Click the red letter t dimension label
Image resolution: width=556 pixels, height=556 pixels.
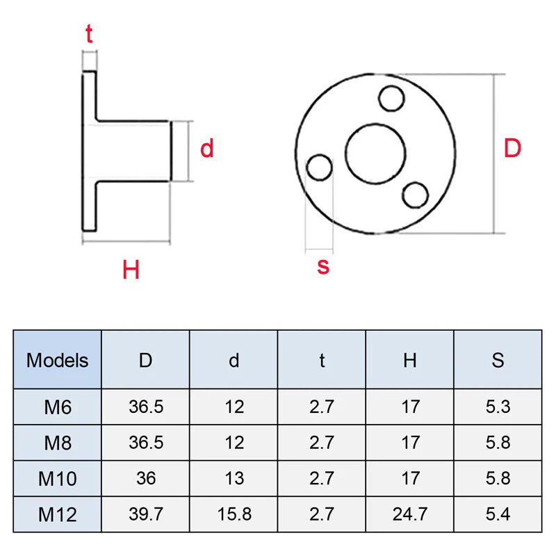point(89,35)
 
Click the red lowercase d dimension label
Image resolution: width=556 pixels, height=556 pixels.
point(207,149)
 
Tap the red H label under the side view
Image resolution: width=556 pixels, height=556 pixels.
point(131,269)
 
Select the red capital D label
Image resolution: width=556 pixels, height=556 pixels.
point(512,149)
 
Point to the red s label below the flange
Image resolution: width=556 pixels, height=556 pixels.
point(323,265)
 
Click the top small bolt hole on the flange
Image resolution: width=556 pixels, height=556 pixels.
point(393,98)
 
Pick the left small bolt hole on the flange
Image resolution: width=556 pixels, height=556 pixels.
point(320,167)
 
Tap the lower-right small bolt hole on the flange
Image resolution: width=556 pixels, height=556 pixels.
point(416,195)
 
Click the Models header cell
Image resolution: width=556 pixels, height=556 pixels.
point(58,360)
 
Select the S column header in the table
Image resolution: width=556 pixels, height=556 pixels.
point(498,360)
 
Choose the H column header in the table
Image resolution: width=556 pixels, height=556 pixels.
point(410,360)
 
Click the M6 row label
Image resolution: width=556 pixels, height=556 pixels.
point(58,407)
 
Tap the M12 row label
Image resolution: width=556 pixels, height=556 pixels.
point(58,514)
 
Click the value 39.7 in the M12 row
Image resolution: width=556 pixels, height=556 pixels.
point(146,514)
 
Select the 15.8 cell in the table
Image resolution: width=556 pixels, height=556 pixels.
point(234,514)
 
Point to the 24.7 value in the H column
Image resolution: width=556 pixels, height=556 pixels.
point(410,514)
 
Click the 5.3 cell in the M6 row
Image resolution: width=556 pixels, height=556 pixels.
point(498,407)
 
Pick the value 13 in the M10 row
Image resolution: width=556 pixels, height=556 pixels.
point(234,479)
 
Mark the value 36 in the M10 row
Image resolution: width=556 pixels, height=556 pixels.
point(146,479)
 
